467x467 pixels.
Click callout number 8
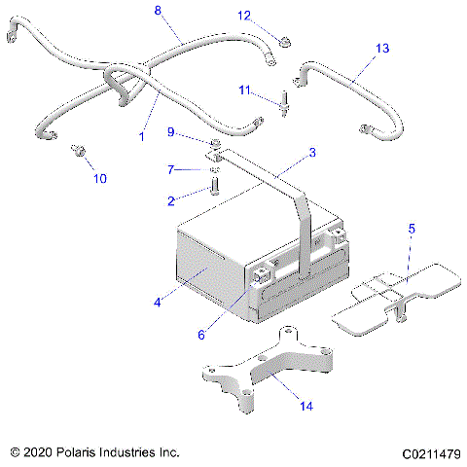(159, 10)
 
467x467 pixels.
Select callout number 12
(245, 16)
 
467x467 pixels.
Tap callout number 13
(381, 48)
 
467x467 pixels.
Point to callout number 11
(245, 90)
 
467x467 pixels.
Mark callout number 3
(312, 153)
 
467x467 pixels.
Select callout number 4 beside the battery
(157, 303)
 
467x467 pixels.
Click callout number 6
(201, 335)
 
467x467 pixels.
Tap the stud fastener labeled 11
(284, 101)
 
